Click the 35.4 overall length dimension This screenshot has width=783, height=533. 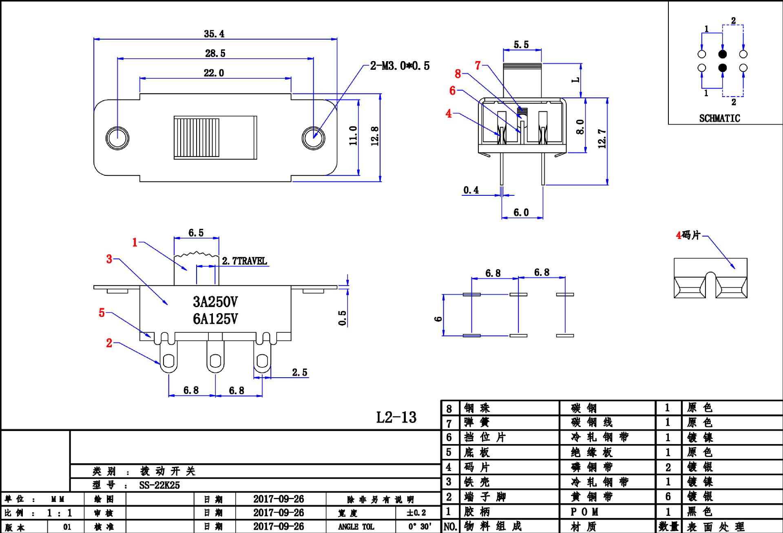tap(214, 34)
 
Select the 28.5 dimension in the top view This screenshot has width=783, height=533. tap(215, 53)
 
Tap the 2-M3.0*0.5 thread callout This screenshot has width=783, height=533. tap(400, 66)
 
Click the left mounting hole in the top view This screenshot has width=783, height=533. tap(117, 138)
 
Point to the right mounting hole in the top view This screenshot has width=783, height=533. tap(313, 138)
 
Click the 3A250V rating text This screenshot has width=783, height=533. tap(215, 302)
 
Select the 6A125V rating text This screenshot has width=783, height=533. tap(215, 319)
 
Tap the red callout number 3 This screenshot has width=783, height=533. tap(109, 259)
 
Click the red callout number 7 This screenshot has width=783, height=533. tap(478, 65)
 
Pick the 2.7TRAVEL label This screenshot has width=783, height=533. tap(244, 261)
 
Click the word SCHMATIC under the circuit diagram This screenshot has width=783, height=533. tap(719, 118)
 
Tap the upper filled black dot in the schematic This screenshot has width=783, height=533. tap(722, 54)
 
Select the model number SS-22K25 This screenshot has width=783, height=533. tap(159, 485)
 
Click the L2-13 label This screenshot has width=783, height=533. tap(396, 417)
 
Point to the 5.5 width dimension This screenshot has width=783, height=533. tap(521, 44)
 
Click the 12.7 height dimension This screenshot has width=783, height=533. tap(602, 139)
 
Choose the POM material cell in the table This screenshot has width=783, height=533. tap(584, 512)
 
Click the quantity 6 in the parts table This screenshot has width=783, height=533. tap(668, 497)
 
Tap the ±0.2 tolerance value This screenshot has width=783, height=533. tap(416, 513)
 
